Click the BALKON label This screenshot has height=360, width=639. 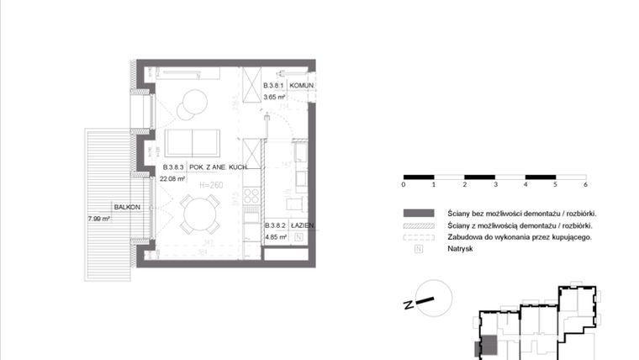(x=126, y=206)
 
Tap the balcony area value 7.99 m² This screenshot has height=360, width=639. (x=99, y=219)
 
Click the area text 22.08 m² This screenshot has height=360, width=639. (x=173, y=177)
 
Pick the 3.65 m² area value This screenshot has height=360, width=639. (x=276, y=98)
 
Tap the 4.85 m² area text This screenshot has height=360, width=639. (x=277, y=237)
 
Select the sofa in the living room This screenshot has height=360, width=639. (x=193, y=142)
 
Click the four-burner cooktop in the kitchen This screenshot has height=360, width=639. (x=251, y=196)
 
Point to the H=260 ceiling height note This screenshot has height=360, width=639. (x=211, y=185)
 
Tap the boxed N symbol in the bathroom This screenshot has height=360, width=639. (x=298, y=238)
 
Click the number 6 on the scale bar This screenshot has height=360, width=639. (x=584, y=183)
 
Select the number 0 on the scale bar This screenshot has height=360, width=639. (x=404, y=183)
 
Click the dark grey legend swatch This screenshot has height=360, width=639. (x=419, y=213)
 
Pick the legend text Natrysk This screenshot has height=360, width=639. (x=462, y=250)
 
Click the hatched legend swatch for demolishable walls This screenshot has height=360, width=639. (x=419, y=225)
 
